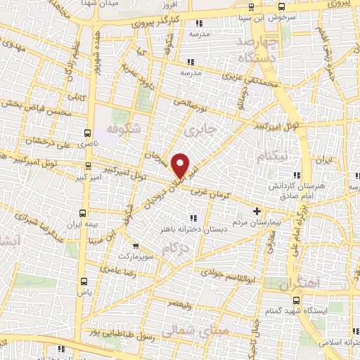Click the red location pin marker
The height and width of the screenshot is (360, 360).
(181, 165)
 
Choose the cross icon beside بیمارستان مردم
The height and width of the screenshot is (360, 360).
(257, 210)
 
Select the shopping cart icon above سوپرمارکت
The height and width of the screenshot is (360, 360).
(136, 246)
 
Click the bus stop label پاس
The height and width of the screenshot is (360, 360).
(84, 291)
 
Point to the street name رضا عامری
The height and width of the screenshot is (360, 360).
(112, 269)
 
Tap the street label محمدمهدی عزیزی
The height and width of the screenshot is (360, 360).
(253, 87)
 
